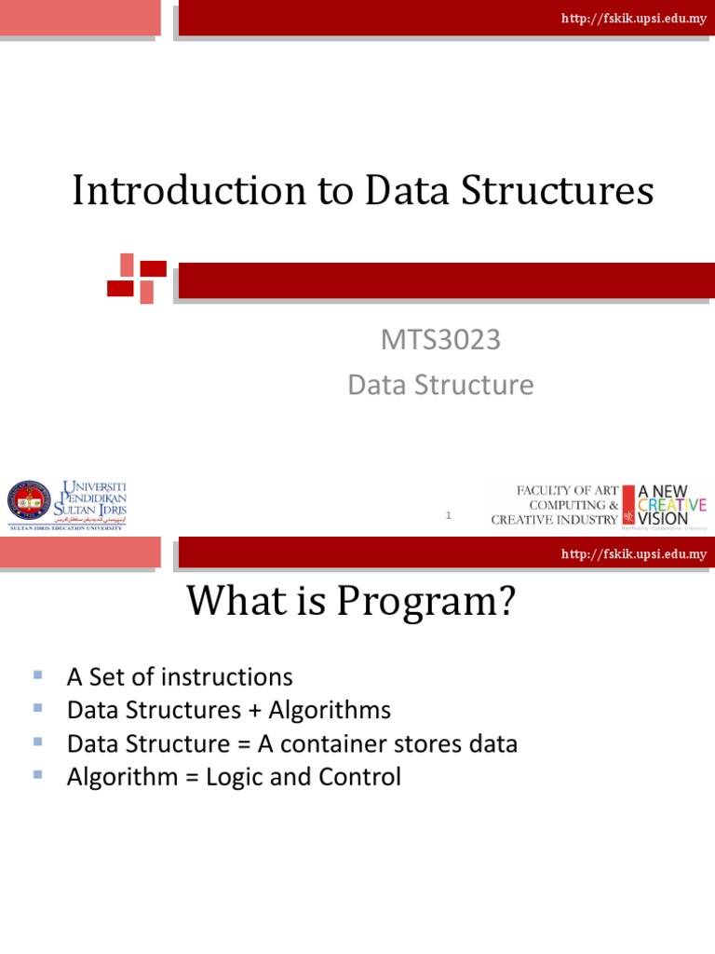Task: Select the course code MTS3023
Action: point(440,341)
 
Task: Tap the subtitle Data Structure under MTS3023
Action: point(440,385)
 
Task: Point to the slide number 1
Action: point(449,515)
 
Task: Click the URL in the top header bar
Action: point(633,19)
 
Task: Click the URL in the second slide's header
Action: point(633,554)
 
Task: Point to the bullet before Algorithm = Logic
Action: point(38,774)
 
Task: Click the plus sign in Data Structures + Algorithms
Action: point(255,711)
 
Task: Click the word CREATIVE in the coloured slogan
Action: point(671,504)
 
